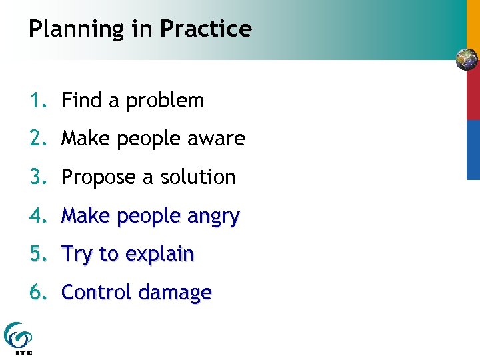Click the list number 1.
click(36, 101)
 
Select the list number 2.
click(36, 139)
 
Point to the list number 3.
click(36, 177)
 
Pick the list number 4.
click(36, 216)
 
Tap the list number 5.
click(36, 254)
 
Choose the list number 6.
click(36, 293)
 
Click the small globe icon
click(467, 60)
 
